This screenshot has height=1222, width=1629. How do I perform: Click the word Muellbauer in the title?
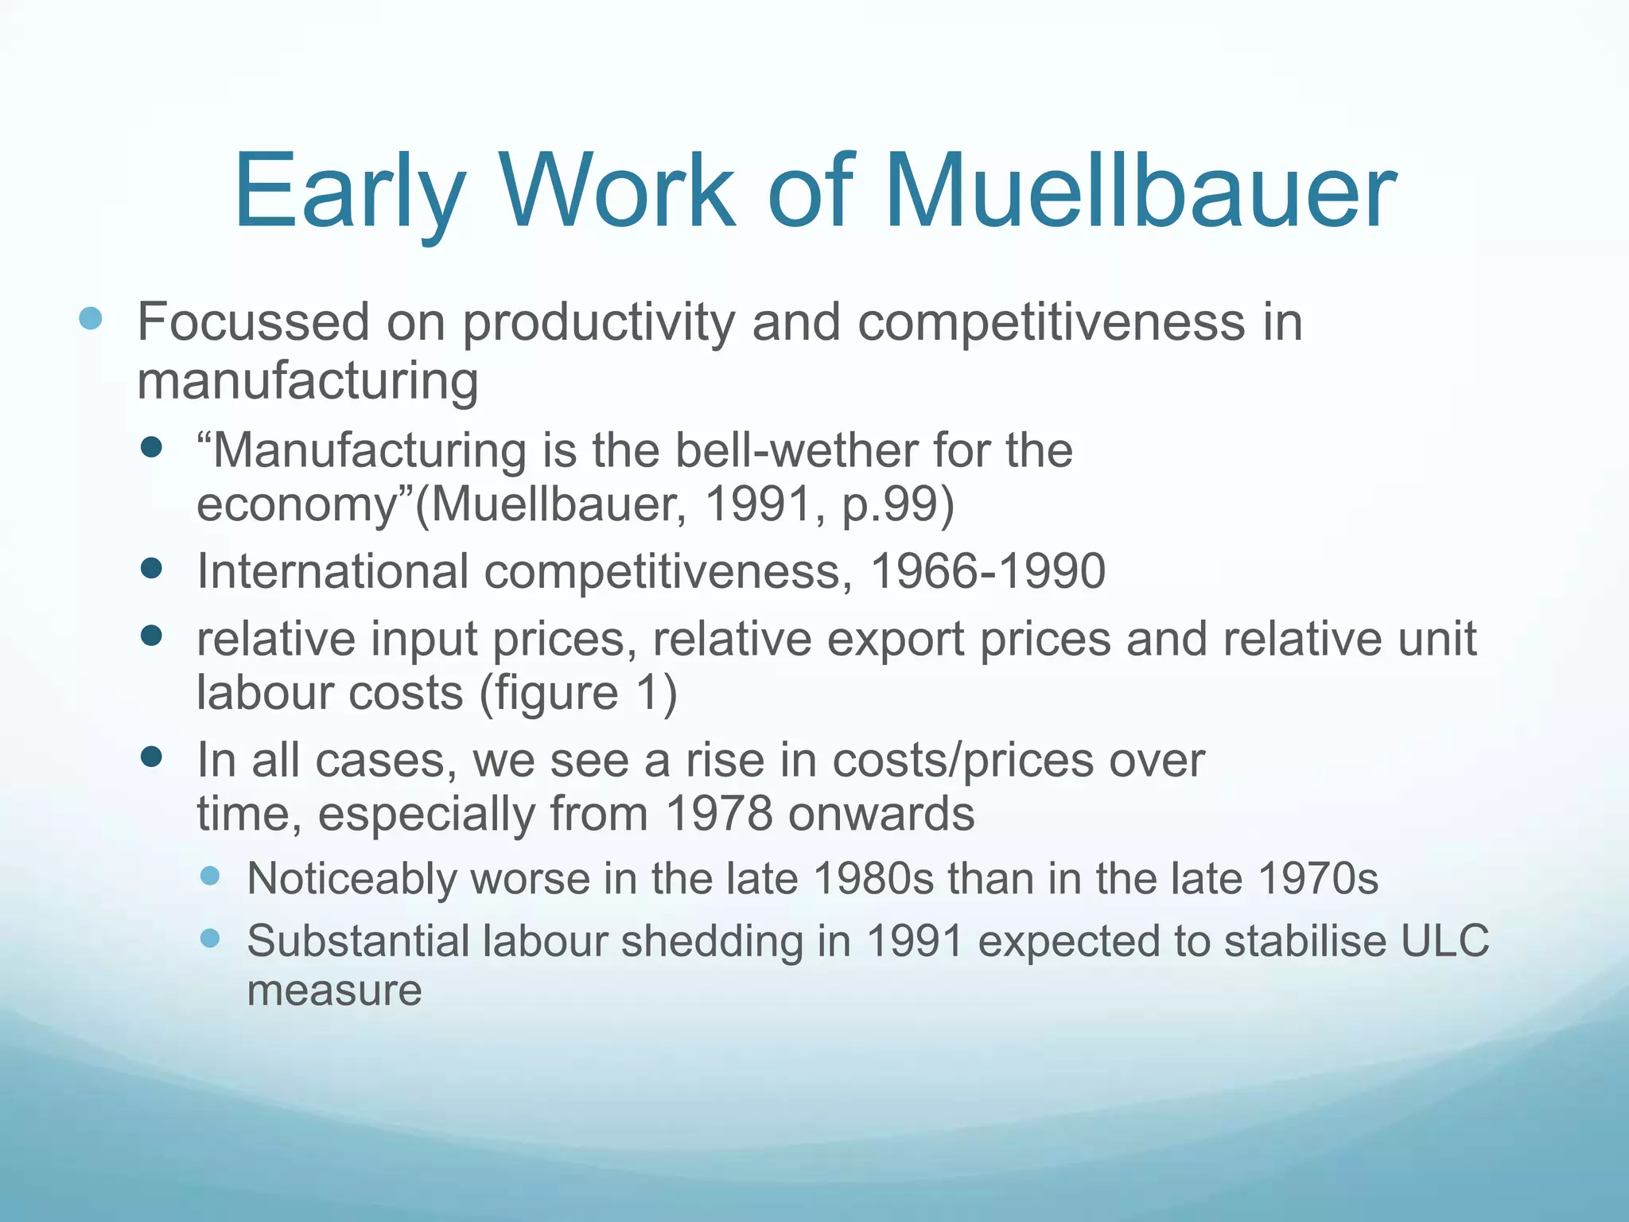pyautogui.click(x=1139, y=193)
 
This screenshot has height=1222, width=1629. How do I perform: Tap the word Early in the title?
pyautogui.click(x=348, y=193)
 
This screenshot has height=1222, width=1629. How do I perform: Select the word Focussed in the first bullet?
pyautogui.click(x=254, y=322)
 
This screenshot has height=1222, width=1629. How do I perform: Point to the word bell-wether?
pyautogui.click(x=796, y=450)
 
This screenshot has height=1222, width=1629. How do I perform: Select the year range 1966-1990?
pyautogui.click(x=988, y=571)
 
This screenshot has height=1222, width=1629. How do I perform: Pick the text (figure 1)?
pyautogui.click(x=578, y=692)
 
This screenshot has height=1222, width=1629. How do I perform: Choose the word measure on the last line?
pyautogui.click(x=334, y=990)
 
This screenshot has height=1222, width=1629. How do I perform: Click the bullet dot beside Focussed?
pyautogui.click(x=91, y=319)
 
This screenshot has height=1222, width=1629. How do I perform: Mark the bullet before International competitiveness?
pyautogui.click(x=150, y=568)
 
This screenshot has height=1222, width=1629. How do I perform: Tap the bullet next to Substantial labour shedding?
pyautogui.click(x=210, y=939)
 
